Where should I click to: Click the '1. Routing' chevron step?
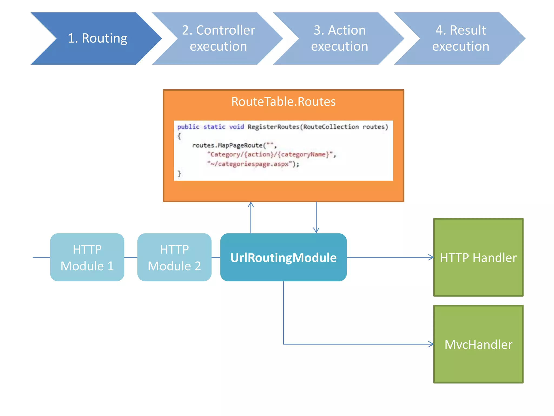click(x=97, y=38)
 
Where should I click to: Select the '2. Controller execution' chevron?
click(x=218, y=38)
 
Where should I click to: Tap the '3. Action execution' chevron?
click(x=339, y=38)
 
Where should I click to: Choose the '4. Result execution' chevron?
click(x=461, y=38)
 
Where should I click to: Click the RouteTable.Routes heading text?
click(x=283, y=102)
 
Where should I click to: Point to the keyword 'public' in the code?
click(x=188, y=127)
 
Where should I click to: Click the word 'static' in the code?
click(x=214, y=127)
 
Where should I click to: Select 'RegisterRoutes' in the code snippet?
click(x=273, y=127)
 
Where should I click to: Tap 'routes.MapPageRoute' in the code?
click(x=227, y=145)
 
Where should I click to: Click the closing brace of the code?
click(x=179, y=173)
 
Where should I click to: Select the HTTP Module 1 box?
click(x=87, y=257)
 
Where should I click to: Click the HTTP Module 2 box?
click(x=174, y=257)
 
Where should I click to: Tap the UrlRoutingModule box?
click(x=283, y=257)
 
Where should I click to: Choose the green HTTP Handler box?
click(x=478, y=257)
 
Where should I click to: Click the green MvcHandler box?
click(x=478, y=344)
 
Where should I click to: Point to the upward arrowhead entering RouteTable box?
click(x=251, y=204)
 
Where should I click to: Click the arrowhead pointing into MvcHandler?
click(x=431, y=344)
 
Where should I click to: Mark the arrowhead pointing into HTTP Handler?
click(x=431, y=257)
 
